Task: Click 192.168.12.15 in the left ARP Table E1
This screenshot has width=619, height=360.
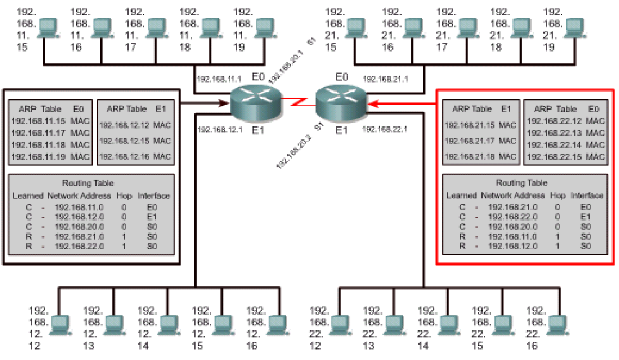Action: coord(125,141)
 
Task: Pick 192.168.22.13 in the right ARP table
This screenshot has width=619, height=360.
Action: coord(552,133)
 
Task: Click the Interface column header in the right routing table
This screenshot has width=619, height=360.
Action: coord(587,195)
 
